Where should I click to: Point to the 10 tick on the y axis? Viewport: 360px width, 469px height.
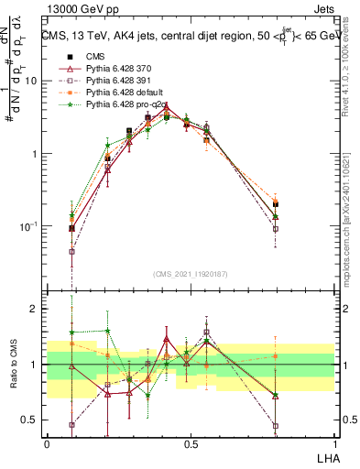31,81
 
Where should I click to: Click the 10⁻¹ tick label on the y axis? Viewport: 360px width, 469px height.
28,226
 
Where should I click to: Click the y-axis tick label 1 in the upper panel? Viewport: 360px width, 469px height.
34,154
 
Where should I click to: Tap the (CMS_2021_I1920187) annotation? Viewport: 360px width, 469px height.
191,273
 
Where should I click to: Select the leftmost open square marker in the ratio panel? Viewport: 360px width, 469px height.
72,425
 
